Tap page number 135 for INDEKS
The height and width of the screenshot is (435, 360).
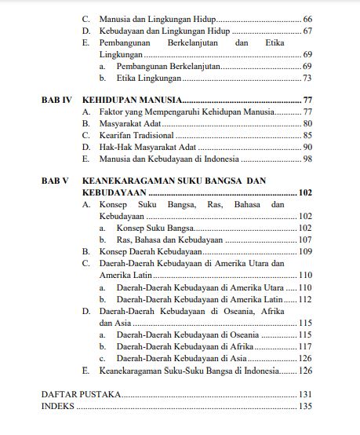click(x=305, y=406)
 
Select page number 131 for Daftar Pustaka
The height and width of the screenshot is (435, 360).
click(x=305, y=394)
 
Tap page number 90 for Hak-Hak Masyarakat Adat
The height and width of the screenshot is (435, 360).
click(x=307, y=147)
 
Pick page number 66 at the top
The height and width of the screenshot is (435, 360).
click(x=307, y=17)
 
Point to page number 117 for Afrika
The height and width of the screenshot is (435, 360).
click(x=305, y=346)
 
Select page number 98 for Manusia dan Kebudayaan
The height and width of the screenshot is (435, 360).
click(x=307, y=159)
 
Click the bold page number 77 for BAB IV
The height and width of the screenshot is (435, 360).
click(x=307, y=101)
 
